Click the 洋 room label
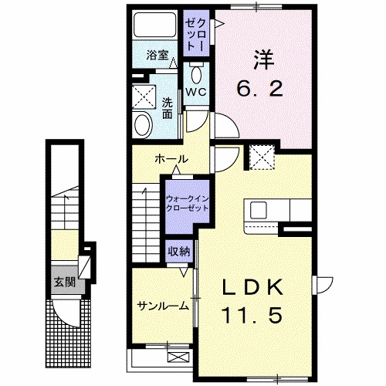pos(263,59)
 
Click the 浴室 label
pos(157,55)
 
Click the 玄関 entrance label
pos(64,281)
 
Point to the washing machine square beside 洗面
pos(143,97)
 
